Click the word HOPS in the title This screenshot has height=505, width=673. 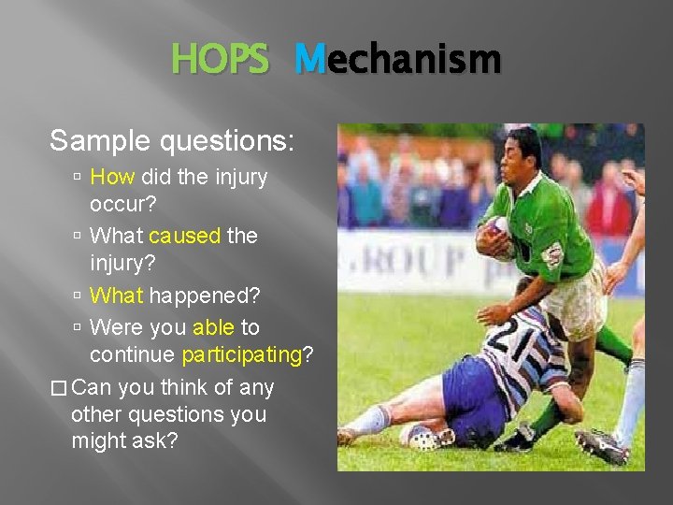point(220,61)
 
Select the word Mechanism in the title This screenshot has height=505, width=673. point(397,61)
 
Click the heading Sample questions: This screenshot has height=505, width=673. point(172,141)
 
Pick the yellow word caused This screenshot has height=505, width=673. point(184,236)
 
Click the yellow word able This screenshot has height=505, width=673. point(213,327)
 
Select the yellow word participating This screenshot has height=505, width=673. point(241,355)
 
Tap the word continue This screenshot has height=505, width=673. point(132,355)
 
